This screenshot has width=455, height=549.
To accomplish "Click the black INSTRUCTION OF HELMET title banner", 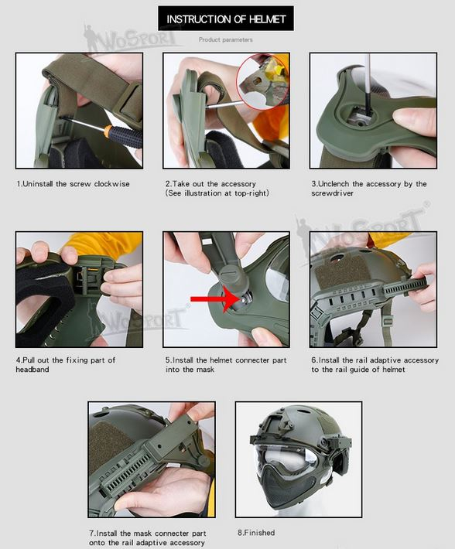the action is tap(226, 19).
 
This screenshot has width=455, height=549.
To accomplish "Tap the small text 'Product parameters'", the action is tap(226, 40).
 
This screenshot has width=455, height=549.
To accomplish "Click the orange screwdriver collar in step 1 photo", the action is tap(108, 130).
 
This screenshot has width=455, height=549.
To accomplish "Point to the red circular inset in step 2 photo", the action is tap(262, 81).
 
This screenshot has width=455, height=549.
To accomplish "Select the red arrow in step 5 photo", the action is tap(214, 298).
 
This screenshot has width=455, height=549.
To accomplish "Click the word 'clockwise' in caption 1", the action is tap(111, 184).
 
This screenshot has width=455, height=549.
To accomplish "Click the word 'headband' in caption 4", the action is tap(32, 370).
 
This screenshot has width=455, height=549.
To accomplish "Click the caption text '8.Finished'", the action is tap(256, 533).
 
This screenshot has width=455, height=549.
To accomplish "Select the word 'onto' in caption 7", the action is tap(96, 543).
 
